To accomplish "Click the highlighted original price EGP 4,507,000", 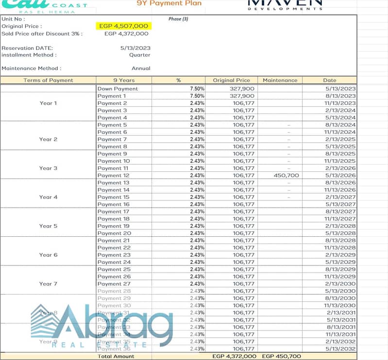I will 124,26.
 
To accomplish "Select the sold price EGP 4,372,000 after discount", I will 126,33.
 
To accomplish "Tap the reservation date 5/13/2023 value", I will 135,48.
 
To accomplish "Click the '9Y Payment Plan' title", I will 169,3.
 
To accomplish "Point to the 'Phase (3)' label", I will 178,19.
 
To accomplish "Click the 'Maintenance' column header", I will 280,80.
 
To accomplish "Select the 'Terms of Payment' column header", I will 48,80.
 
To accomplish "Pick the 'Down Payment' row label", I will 118,89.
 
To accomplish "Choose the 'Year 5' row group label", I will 48,226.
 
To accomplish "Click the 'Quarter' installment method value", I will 140,55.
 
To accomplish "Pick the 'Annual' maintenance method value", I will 141,68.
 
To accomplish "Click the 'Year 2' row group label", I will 48,139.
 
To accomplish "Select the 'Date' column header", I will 329,80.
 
